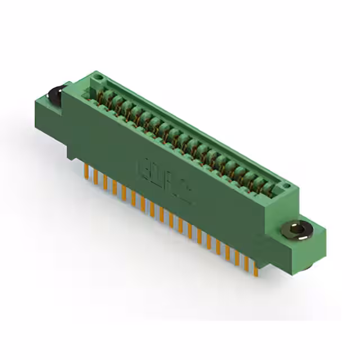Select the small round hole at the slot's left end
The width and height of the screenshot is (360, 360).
point(97,75)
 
